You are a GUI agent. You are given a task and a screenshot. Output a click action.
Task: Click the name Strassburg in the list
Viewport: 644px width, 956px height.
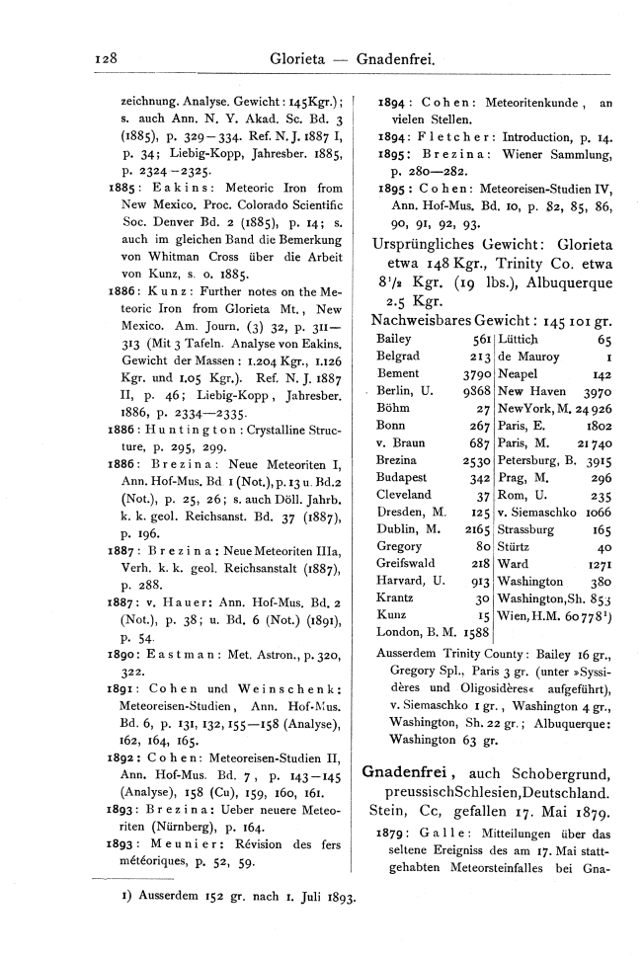533,529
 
